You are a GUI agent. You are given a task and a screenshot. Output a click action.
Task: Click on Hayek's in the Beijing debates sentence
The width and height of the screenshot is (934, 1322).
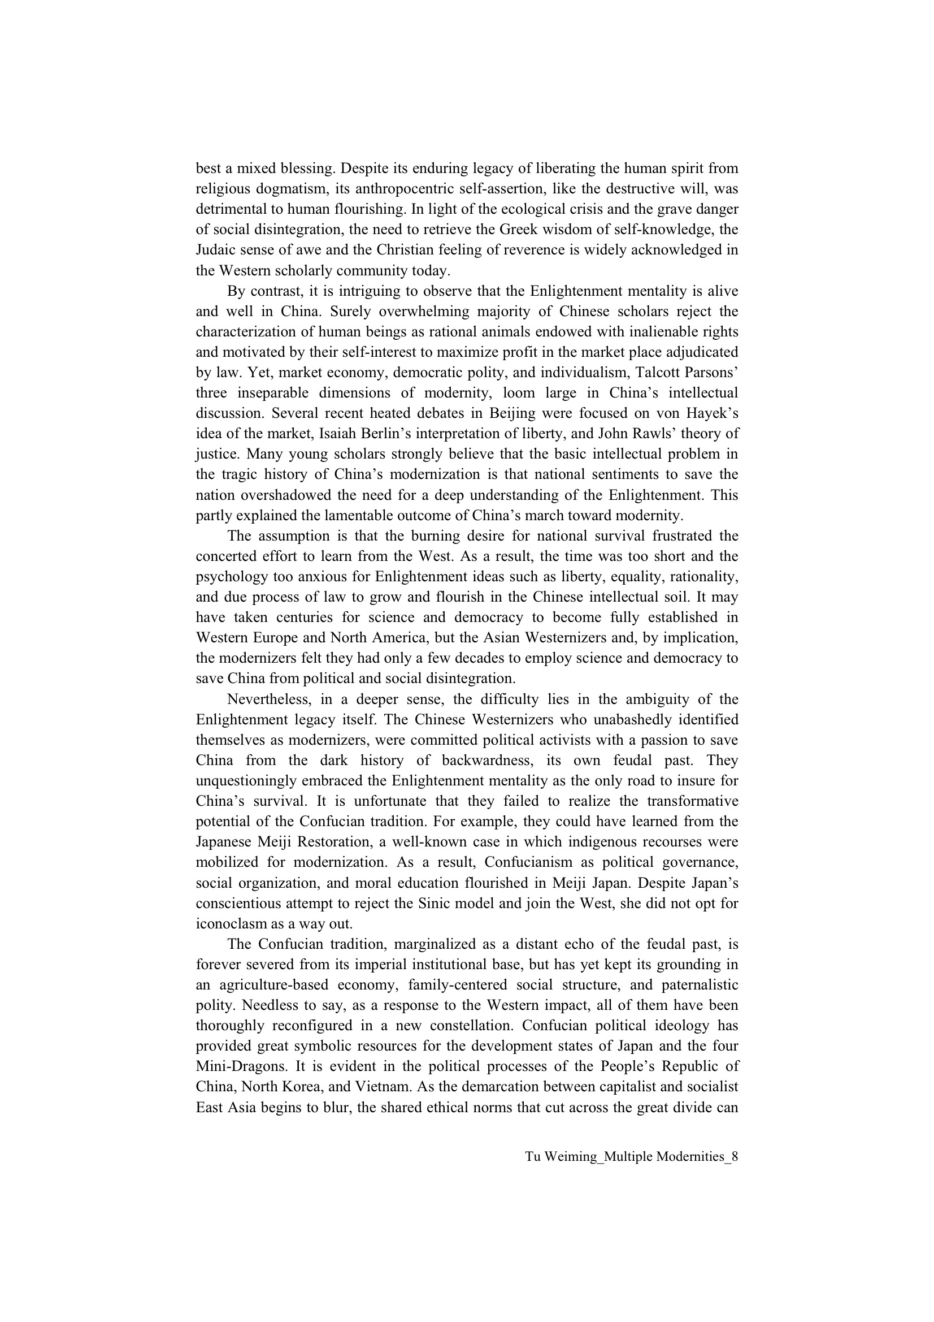[714, 413]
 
